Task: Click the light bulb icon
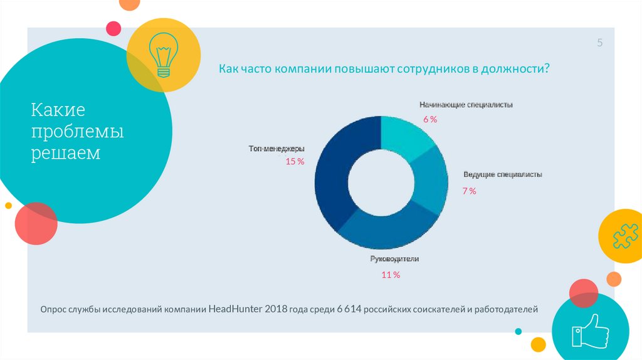163,55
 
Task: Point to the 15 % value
295,161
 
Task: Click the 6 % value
429,119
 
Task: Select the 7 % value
469,191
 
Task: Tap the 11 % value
391,274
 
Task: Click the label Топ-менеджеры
276,149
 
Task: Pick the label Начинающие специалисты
466,105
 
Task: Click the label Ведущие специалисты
503,174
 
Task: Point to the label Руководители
394,258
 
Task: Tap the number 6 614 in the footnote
349,309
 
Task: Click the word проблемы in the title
78,132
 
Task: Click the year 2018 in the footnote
276,309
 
